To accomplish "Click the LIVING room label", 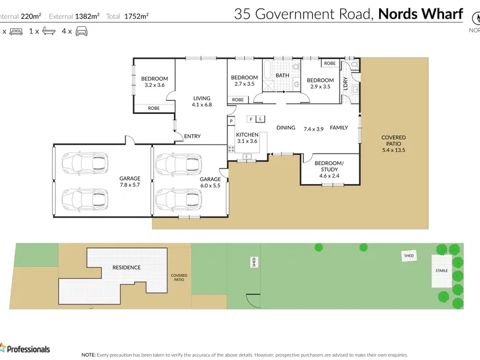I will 201,98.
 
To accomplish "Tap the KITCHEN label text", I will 247,134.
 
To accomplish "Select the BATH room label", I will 282,76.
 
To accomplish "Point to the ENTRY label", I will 192,136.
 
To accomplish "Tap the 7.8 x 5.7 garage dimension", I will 129,186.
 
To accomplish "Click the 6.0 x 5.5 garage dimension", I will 210,186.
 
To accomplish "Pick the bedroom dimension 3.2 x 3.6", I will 154,85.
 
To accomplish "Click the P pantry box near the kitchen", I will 230,121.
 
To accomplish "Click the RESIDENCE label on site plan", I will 126,268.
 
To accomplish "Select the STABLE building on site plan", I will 441,271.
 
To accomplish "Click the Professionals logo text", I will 28,349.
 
